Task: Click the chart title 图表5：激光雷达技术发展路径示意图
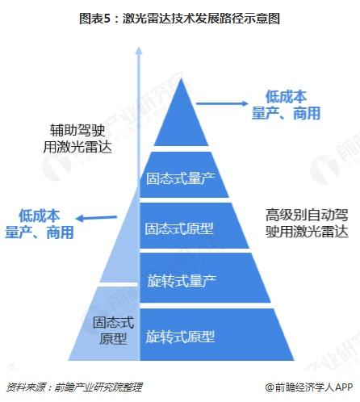pos(179,19)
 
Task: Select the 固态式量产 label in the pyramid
pos(181,178)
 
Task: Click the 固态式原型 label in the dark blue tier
pos(179,228)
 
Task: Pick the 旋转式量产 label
pos(182,281)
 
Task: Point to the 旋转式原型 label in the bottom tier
pos(180,337)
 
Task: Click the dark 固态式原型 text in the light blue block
pos(113,330)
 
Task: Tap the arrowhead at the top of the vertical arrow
pos(139,50)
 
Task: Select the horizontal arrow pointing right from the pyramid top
pos(222,103)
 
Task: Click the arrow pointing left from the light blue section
pos(97,218)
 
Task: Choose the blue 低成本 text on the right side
pos(286,96)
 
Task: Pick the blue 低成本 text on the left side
pos(40,216)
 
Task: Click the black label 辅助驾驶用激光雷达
pos(77,139)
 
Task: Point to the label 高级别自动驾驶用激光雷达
pos(307,223)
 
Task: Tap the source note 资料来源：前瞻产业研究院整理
pos(74,387)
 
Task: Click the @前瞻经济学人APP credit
pos(308,387)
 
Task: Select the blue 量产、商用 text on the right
pos(286,113)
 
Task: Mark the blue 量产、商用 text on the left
pos(40,232)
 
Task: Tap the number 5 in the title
pos(107,19)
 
